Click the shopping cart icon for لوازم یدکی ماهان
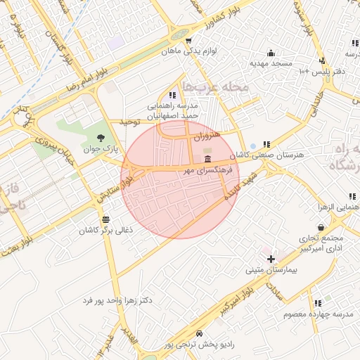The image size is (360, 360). tap(188, 41)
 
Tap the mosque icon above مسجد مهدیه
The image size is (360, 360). tap(271, 53)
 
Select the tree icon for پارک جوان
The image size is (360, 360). tap(102, 138)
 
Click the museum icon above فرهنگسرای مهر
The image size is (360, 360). tap(206, 160)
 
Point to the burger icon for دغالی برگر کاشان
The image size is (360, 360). tap(105, 219)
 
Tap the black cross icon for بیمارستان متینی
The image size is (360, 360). tap(271, 259)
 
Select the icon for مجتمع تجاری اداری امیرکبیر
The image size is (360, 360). tap(321, 227)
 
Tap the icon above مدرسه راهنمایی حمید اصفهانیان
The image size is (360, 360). tap(172, 95)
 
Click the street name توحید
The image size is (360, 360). tap(131, 122)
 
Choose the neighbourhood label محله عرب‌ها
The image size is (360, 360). tap(215, 87)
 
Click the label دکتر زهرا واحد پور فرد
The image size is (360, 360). tap(117, 300)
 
